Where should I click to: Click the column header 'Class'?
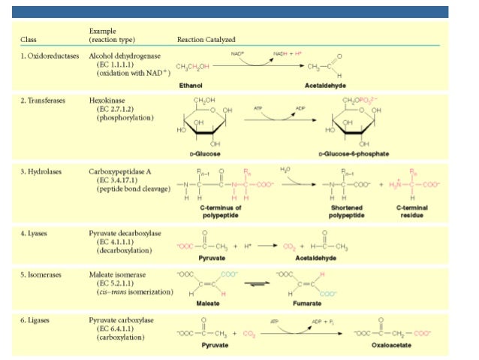coord(31,39)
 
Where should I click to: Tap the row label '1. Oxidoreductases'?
coord(49,56)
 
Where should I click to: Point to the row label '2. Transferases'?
coord(43,98)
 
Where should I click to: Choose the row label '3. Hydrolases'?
coord(41,171)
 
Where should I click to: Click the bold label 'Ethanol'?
coord(191,86)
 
